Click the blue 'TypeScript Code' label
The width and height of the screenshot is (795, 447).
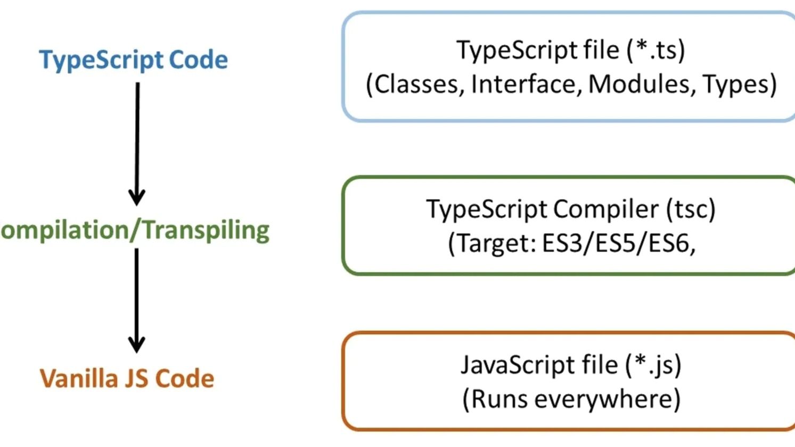coord(133,60)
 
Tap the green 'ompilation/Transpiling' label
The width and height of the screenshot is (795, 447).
coord(135,230)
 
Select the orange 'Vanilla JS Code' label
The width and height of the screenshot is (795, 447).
coord(127,378)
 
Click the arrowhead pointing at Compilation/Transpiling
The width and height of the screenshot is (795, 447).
coord(137,197)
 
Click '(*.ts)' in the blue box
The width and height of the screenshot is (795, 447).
coord(655,51)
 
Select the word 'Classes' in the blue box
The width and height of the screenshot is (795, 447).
coord(415,85)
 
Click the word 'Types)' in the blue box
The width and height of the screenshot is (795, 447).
coord(740,85)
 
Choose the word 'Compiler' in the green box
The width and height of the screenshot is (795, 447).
coord(606,209)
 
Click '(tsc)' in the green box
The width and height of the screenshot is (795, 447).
coord(691,209)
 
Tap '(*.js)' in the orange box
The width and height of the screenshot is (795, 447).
coord(653,365)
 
